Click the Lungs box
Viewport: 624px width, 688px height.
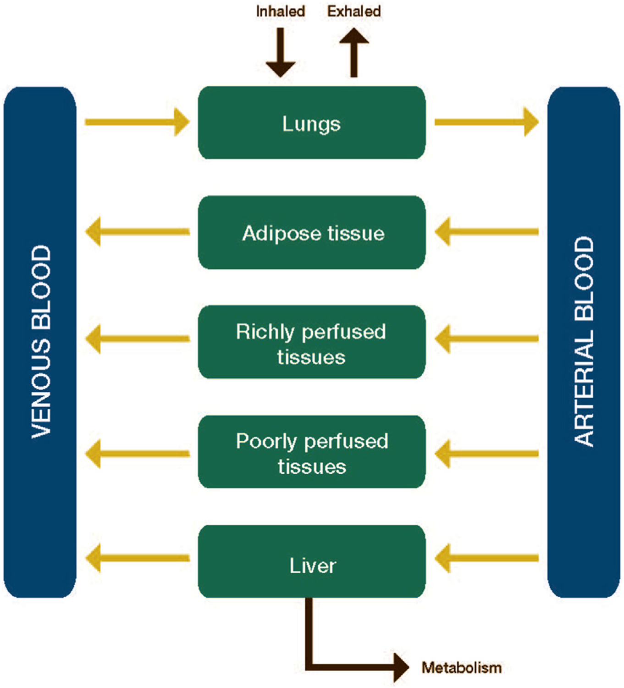(312, 123)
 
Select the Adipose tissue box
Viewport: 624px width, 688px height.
(312, 233)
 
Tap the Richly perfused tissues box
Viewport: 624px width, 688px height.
(312, 342)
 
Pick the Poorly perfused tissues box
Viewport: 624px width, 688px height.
(312, 452)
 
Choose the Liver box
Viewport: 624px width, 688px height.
(312, 562)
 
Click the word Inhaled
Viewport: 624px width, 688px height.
(280, 11)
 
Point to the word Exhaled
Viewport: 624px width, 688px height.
(354, 11)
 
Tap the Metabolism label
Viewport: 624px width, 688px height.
(461, 667)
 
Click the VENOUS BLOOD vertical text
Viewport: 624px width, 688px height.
(41, 342)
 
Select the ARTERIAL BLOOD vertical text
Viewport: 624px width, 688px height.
(584, 342)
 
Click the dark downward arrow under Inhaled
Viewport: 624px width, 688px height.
(280, 53)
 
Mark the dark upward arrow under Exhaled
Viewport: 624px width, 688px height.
(354, 53)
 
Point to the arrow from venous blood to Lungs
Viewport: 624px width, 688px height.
(137, 122)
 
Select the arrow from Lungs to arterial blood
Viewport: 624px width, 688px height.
(486, 122)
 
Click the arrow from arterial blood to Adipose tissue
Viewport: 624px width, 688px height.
(486, 232)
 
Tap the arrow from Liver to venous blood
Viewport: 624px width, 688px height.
(137, 558)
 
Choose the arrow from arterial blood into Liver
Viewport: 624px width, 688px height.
(486, 558)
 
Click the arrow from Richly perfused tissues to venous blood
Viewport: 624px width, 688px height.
(137, 339)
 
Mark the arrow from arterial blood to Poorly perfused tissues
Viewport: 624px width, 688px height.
(486, 454)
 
